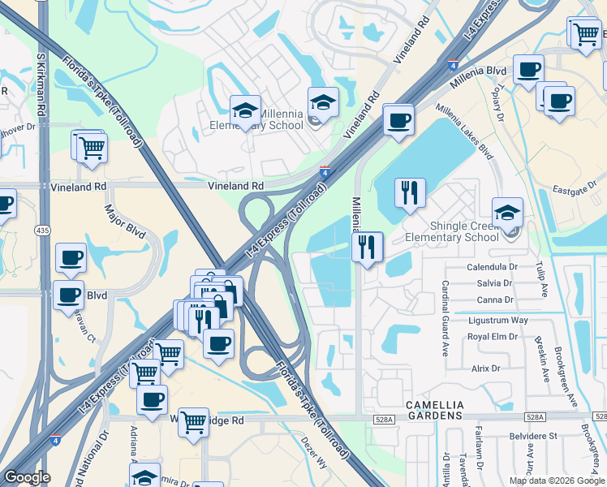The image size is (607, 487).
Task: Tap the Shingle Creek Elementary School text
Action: (453, 231)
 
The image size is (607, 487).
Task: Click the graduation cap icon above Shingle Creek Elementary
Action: (507, 213)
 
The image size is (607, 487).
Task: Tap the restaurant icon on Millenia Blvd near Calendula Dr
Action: (368, 246)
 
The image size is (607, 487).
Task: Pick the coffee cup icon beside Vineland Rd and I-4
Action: (398, 119)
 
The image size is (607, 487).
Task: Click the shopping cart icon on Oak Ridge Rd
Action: (193, 421)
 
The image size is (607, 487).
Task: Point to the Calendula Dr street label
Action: (492, 267)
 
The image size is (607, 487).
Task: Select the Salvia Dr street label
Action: (496, 283)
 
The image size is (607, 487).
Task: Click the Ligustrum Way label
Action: (497, 321)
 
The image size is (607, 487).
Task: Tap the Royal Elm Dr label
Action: (493, 336)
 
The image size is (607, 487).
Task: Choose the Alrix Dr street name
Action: (485, 368)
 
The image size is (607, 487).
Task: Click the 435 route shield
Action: (42, 231)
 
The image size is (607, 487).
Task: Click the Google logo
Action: (27, 477)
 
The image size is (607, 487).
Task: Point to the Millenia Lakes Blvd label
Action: (465, 130)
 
